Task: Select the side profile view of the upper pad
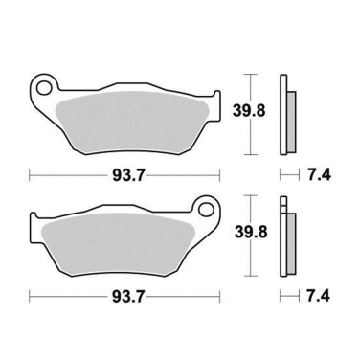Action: [285, 115]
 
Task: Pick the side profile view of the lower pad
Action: [285, 235]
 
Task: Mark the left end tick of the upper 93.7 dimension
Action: [29, 175]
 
